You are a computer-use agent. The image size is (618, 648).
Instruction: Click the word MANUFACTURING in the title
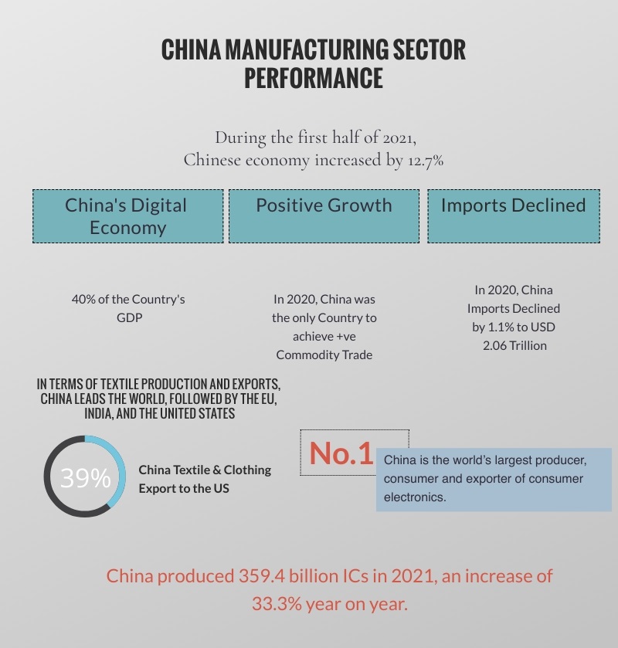coord(307,49)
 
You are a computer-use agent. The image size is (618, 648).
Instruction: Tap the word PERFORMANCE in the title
coord(314,78)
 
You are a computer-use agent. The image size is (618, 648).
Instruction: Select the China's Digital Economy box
coord(127,216)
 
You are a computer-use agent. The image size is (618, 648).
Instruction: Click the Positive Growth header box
coord(324,216)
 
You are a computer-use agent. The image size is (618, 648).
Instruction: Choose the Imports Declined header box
coord(514,216)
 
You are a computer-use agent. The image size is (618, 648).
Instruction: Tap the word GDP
coord(129,317)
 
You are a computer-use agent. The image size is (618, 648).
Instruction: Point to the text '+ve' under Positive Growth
coord(345,337)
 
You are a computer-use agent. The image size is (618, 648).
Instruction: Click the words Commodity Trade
coord(324,355)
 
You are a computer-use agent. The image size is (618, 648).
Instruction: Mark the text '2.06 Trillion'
coord(514,345)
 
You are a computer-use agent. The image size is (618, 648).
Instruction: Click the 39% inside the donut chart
coord(86,478)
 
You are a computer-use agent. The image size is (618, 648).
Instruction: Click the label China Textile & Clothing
coord(205,470)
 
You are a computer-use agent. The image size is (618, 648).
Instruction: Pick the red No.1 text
coord(341,453)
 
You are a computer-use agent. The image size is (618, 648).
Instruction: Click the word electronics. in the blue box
coord(415,497)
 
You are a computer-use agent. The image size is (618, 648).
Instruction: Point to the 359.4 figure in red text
coord(261,576)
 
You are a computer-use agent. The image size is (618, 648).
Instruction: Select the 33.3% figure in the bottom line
coord(277,604)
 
